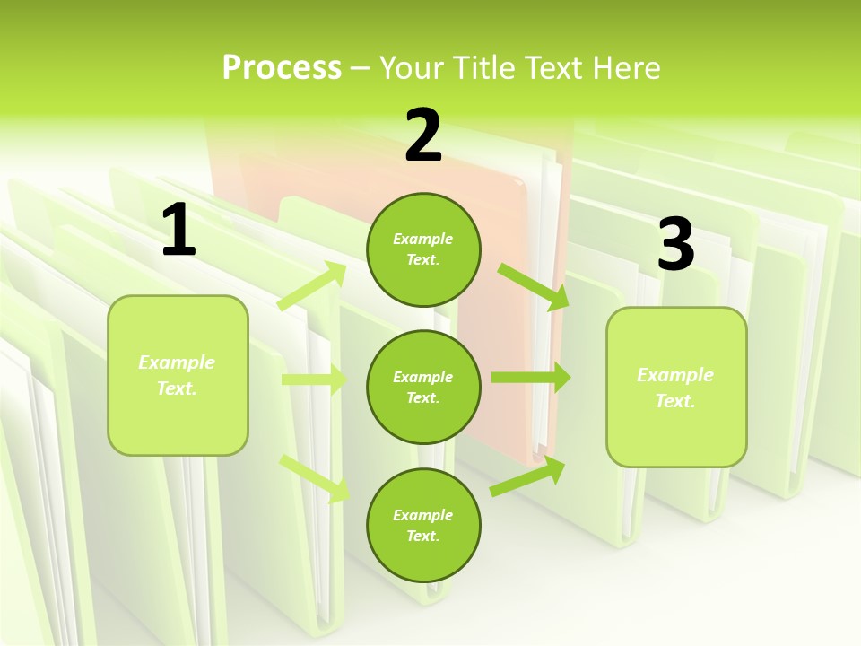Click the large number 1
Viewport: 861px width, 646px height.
click(178, 231)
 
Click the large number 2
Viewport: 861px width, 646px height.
click(423, 135)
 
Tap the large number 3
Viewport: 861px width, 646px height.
click(675, 245)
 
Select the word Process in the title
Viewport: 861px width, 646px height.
click(282, 67)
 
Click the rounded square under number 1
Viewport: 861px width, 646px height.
click(178, 375)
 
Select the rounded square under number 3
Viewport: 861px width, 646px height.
click(676, 387)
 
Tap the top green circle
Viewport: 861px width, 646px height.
click(423, 249)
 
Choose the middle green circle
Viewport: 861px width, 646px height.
click(423, 387)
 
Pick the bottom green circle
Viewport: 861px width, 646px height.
click(423, 525)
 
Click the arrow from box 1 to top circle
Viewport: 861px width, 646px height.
click(312, 285)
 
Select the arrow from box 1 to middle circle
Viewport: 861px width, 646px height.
click(314, 380)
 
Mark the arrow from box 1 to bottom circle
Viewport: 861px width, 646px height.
click(315, 477)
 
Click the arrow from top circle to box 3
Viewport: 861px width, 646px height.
click(533, 286)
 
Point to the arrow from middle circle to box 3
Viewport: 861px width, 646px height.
click(530, 378)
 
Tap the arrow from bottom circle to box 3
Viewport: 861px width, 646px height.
click(527, 476)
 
